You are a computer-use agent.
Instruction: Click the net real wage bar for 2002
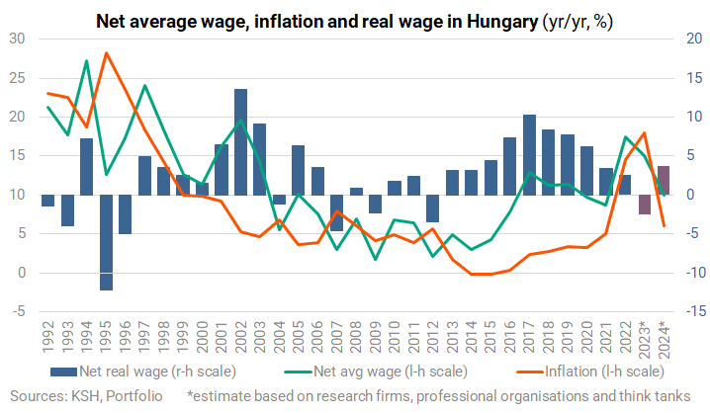240,142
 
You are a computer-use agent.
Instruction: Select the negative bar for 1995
106,242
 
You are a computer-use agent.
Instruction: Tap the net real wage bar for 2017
529,155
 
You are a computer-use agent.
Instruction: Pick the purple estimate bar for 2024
664,181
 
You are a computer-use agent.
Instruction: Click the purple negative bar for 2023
645,205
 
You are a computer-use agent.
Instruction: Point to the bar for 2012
433,208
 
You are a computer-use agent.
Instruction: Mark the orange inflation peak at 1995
106,53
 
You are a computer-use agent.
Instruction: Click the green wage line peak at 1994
86,60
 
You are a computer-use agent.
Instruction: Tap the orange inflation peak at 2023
644,133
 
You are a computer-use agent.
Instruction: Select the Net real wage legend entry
143,372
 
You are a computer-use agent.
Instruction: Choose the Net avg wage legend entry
376,372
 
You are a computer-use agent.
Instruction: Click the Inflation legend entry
590,372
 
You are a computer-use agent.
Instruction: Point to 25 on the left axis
17,78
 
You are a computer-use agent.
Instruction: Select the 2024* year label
664,340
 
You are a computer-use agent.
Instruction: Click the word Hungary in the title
502,22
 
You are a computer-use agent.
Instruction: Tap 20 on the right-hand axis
694,39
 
